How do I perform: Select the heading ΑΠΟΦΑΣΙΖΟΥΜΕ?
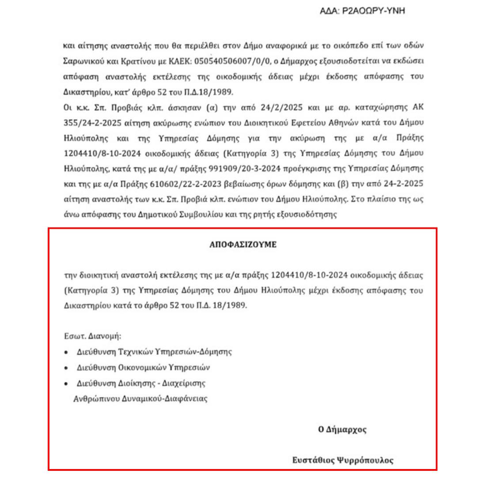[x=243, y=244]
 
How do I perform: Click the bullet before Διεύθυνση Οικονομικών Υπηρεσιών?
[x=66, y=368]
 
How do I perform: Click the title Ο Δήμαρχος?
[x=342, y=429]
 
